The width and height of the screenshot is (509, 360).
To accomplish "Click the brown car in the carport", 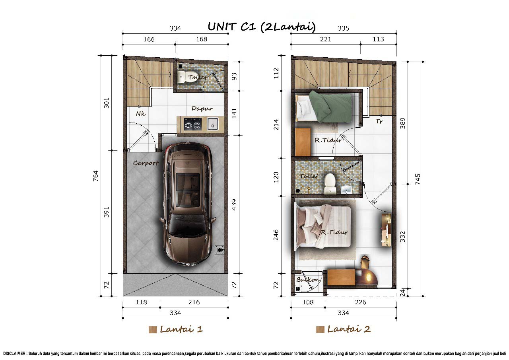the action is click(188, 204).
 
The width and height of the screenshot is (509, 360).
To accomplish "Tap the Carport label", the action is click(146, 163).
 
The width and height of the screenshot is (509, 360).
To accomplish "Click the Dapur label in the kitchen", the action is click(202, 109).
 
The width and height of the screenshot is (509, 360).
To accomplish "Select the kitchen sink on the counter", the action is click(212, 124).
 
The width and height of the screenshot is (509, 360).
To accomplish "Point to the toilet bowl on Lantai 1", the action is click(182, 76).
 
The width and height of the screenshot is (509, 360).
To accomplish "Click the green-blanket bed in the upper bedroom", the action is click(324, 106).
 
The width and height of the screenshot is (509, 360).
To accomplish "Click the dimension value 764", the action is click(96, 176).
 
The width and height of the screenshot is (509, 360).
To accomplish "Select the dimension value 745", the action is click(418, 179).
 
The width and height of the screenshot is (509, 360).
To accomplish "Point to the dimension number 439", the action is click(234, 204).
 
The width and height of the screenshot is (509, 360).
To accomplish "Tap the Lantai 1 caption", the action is click(181, 329).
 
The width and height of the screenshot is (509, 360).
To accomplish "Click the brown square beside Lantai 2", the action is click(320, 329).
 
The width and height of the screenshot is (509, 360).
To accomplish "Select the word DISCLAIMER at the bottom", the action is click(14, 354).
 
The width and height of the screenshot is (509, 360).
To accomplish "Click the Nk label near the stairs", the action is click(140, 113).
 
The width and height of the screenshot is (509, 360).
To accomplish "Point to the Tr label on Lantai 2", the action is click(379, 121).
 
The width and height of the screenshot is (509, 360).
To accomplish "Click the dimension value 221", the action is click(325, 39).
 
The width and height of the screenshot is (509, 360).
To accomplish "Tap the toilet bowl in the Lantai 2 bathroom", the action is click(330, 184).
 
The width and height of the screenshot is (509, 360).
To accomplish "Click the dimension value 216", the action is click(194, 302).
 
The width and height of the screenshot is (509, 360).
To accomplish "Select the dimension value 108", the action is click(308, 302).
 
